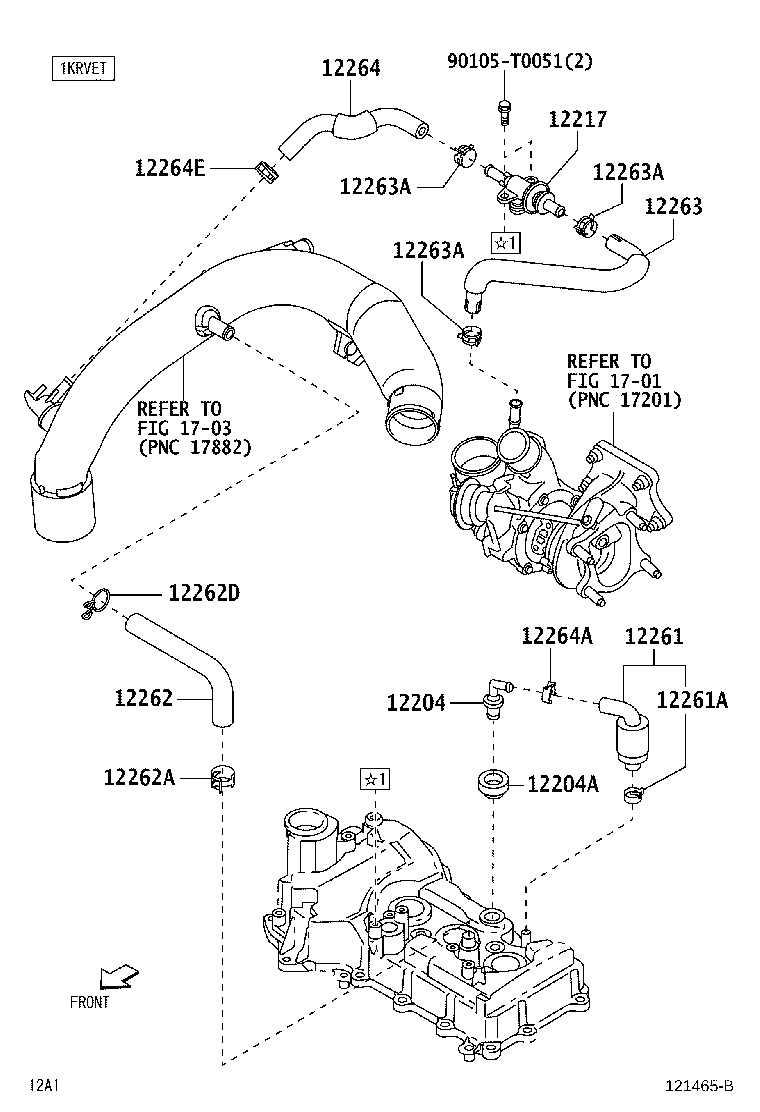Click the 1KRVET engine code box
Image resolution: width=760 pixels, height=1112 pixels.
(x=84, y=69)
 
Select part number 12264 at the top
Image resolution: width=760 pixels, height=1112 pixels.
(x=351, y=68)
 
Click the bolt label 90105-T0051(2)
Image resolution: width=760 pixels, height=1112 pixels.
(x=519, y=61)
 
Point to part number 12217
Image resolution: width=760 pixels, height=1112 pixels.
(x=577, y=119)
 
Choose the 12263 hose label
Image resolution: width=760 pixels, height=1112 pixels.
(x=673, y=207)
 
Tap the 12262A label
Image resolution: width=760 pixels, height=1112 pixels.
(x=140, y=776)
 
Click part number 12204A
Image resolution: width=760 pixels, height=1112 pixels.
(x=562, y=784)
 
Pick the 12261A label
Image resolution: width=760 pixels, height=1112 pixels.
(x=692, y=701)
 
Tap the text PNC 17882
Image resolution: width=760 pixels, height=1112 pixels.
(x=194, y=446)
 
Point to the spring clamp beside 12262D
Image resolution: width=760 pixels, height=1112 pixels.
(x=96, y=602)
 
